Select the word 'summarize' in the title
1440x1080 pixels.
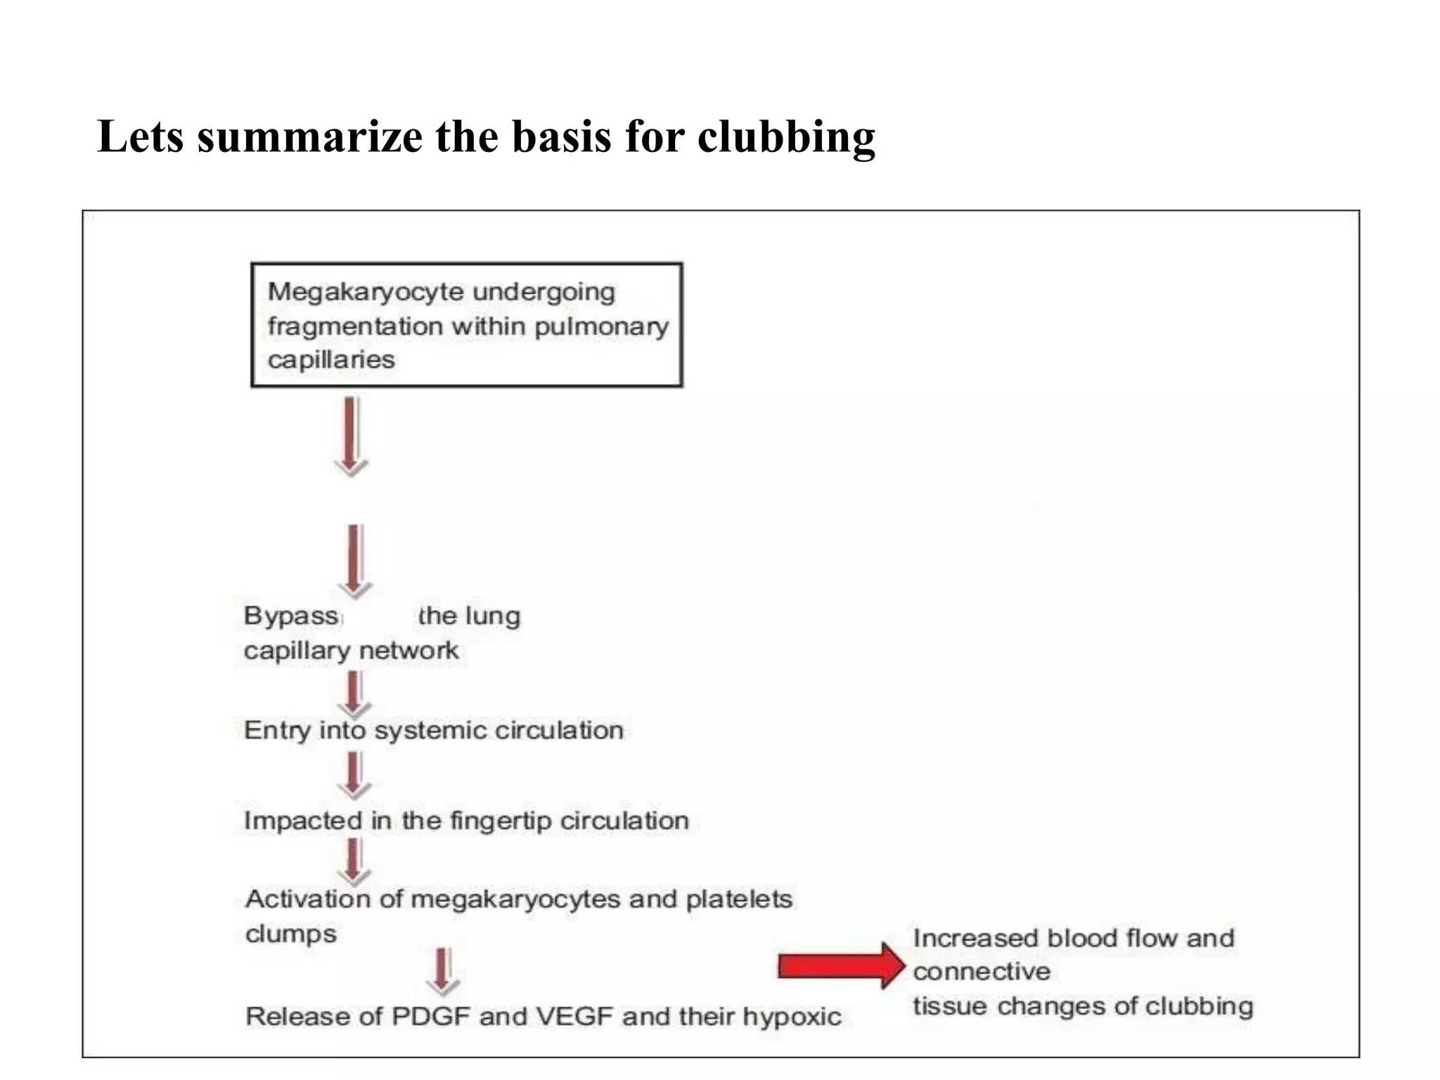pyautogui.click(x=310, y=137)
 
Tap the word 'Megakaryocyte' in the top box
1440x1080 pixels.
pyautogui.click(x=356, y=292)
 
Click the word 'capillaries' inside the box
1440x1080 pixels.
pyautogui.click(x=331, y=360)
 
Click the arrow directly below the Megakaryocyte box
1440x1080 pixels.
pyautogui.click(x=352, y=435)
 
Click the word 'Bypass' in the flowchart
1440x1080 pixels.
pyautogui.click(x=291, y=616)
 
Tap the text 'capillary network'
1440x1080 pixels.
pyautogui.click(x=351, y=651)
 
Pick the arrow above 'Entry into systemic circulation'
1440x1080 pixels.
pyautogui.click(x=354, y=693)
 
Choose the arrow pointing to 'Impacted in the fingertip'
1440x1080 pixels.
pyautogui.click(x=354, y=774)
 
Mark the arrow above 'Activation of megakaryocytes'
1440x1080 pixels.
pyautogui.click(x=354, y=862)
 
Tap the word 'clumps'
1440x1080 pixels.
pyautogui.click(x=291, y=934)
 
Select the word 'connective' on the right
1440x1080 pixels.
pyautogui.click(x=982, y=972)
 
